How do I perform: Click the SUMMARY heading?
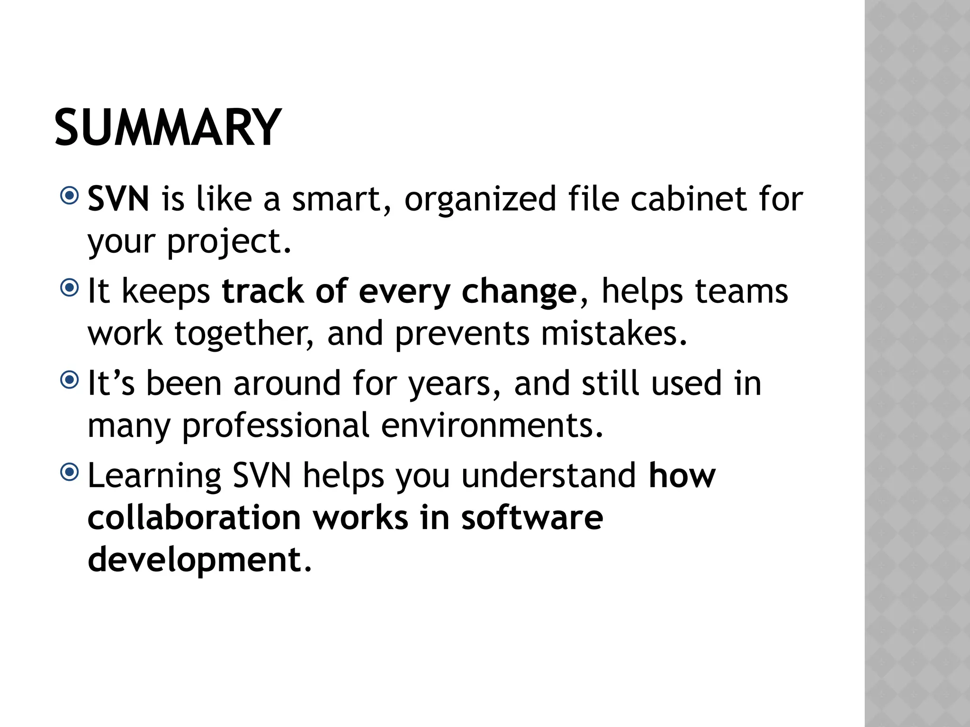pos(168,128)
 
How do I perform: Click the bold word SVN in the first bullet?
pos(118,199)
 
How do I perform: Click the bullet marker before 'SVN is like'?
pos(70,195)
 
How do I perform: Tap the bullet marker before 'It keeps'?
pos(70,288)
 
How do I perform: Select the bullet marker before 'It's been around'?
pos(70,380)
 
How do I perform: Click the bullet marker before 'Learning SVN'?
pos(70,472)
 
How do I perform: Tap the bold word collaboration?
pos(194,518)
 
